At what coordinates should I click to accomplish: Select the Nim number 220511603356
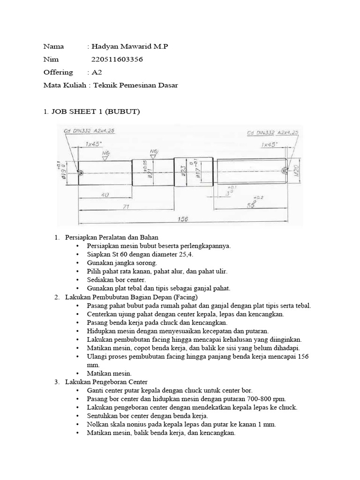pyautogui.click(x=117, y=60)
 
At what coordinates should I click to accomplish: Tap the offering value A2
pyautogui.click(x=97, y=72)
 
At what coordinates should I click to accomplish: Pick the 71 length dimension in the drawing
pyautogui.click(x=126, y=206)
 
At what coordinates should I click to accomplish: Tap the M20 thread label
pyautogui.click(x=295, y=172)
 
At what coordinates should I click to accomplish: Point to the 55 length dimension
pyautogui.click(x=252, y=205)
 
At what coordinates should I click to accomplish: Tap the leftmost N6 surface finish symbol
pyautogui.click(x=106, y=154)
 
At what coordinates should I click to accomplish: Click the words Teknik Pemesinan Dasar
pyautogui.click(x=136, y=85)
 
